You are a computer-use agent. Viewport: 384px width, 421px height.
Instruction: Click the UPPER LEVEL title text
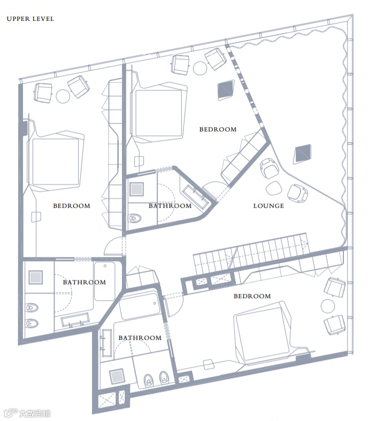30,19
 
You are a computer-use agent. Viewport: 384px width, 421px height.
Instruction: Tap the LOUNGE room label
268,206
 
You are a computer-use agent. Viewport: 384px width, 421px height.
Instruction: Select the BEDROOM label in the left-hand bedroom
72,206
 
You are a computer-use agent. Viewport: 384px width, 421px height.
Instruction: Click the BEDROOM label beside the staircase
252,296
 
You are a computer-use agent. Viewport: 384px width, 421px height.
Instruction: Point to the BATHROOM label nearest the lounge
170,206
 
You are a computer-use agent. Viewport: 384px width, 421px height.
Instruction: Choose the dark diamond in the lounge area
303,154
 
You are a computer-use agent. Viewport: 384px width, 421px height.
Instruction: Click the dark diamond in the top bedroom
225,90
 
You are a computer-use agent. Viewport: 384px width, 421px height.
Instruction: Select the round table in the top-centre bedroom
200,68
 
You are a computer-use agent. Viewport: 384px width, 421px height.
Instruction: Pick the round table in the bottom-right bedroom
327,305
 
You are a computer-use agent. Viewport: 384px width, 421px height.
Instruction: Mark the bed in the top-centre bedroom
158,113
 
